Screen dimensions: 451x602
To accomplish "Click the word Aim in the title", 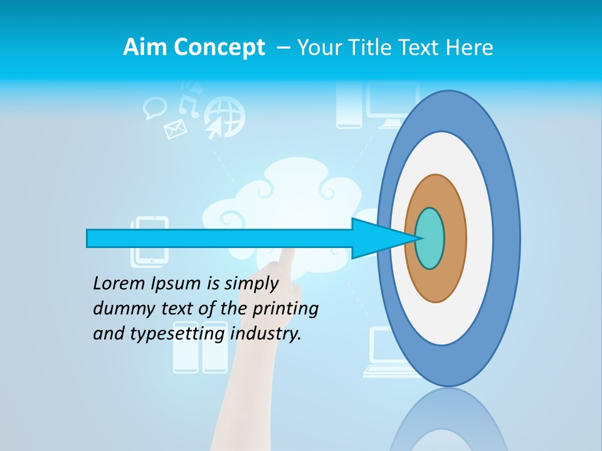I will pos(145,48).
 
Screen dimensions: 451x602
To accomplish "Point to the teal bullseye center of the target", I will pos(430,238).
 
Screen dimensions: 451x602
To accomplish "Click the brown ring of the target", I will pos(454,238).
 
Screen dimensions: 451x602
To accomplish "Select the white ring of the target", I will pos(479,238).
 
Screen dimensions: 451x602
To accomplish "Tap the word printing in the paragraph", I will pos(285,309).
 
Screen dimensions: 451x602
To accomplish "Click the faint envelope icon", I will pos(175,129).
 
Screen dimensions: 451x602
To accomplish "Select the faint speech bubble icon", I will pos(154,108).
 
